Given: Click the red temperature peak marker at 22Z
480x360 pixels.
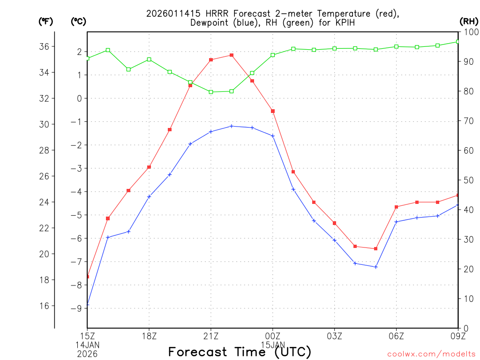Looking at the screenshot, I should pyautogui.click(x=232, y=55).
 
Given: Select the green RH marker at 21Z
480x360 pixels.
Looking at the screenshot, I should pyautogui.click(x=211, y=92).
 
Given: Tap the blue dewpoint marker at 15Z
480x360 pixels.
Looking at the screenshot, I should pyautogui.click(x=88, y=305).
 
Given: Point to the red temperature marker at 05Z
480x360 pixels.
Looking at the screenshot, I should pyautogui.click(x=376, y=248).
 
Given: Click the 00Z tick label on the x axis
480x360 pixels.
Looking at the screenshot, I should pyautogui.click(x=273, y=336).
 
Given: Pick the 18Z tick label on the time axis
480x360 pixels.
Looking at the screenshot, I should pyautogui.click(x=149, y=336).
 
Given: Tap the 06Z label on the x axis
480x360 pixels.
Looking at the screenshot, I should pyautogui.click(x=397, y=336).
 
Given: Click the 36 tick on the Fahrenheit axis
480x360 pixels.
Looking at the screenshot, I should pyautogui.click(x=45, y=46).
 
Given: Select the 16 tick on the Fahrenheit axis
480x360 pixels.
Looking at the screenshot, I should pyautogui.click(x=45, y=306).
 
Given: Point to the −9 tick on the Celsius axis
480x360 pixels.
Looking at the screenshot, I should pyautogui.click(x=76, y=308).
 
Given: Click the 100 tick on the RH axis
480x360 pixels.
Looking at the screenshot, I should pyautogui.click(x=470, y=32).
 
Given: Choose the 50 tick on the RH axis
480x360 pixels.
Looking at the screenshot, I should pyautogui.click(x=468, y=180).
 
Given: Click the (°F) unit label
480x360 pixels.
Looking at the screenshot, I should pyautogui.click(x=45, y=21).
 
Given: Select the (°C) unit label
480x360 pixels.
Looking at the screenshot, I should pyautogui.click(x=78, y=21).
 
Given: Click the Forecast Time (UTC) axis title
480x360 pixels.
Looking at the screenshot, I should pyautogui.click(x=240, y=352).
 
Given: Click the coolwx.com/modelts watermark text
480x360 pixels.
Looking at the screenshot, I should pyautogui.click(x=431, y=354).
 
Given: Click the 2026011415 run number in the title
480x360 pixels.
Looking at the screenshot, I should pyautogui.click(x=169, y=13).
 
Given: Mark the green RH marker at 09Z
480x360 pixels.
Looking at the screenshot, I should pyautogui.click(x=458, y=42).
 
